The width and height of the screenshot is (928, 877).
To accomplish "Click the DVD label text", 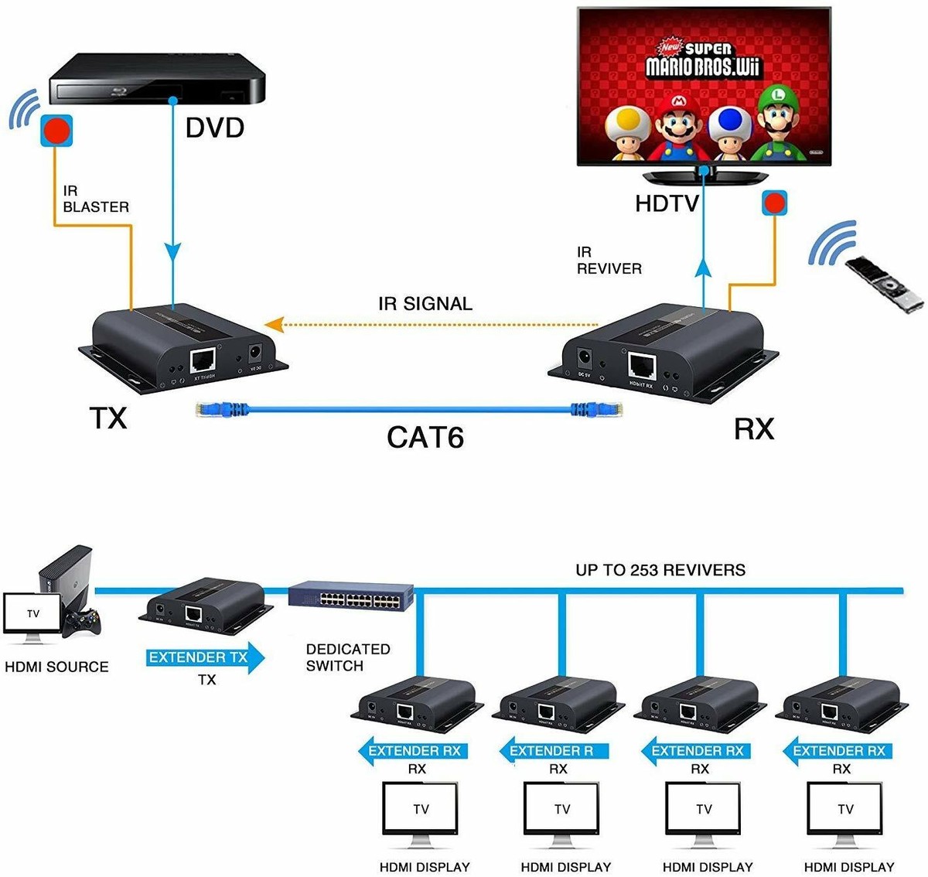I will pos(214,128).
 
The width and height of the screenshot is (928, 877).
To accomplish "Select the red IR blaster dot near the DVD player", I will pos(56,130).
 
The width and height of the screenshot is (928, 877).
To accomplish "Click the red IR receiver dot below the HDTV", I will pos(773,203).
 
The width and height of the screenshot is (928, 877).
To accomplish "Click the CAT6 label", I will pos(425,437).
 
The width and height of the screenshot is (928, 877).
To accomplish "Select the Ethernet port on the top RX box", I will pos(641,364).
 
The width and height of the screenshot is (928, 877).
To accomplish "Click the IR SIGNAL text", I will pos(425,304).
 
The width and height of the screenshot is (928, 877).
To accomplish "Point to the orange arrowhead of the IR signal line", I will pos(271,324).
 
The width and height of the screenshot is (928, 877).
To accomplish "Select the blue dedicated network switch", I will pos(351,596).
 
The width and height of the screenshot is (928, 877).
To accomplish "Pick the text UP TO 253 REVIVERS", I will pos(660,571).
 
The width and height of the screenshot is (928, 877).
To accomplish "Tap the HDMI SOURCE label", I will pos(56,667).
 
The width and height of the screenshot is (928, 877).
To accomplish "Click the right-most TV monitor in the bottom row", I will pos(844,812).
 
